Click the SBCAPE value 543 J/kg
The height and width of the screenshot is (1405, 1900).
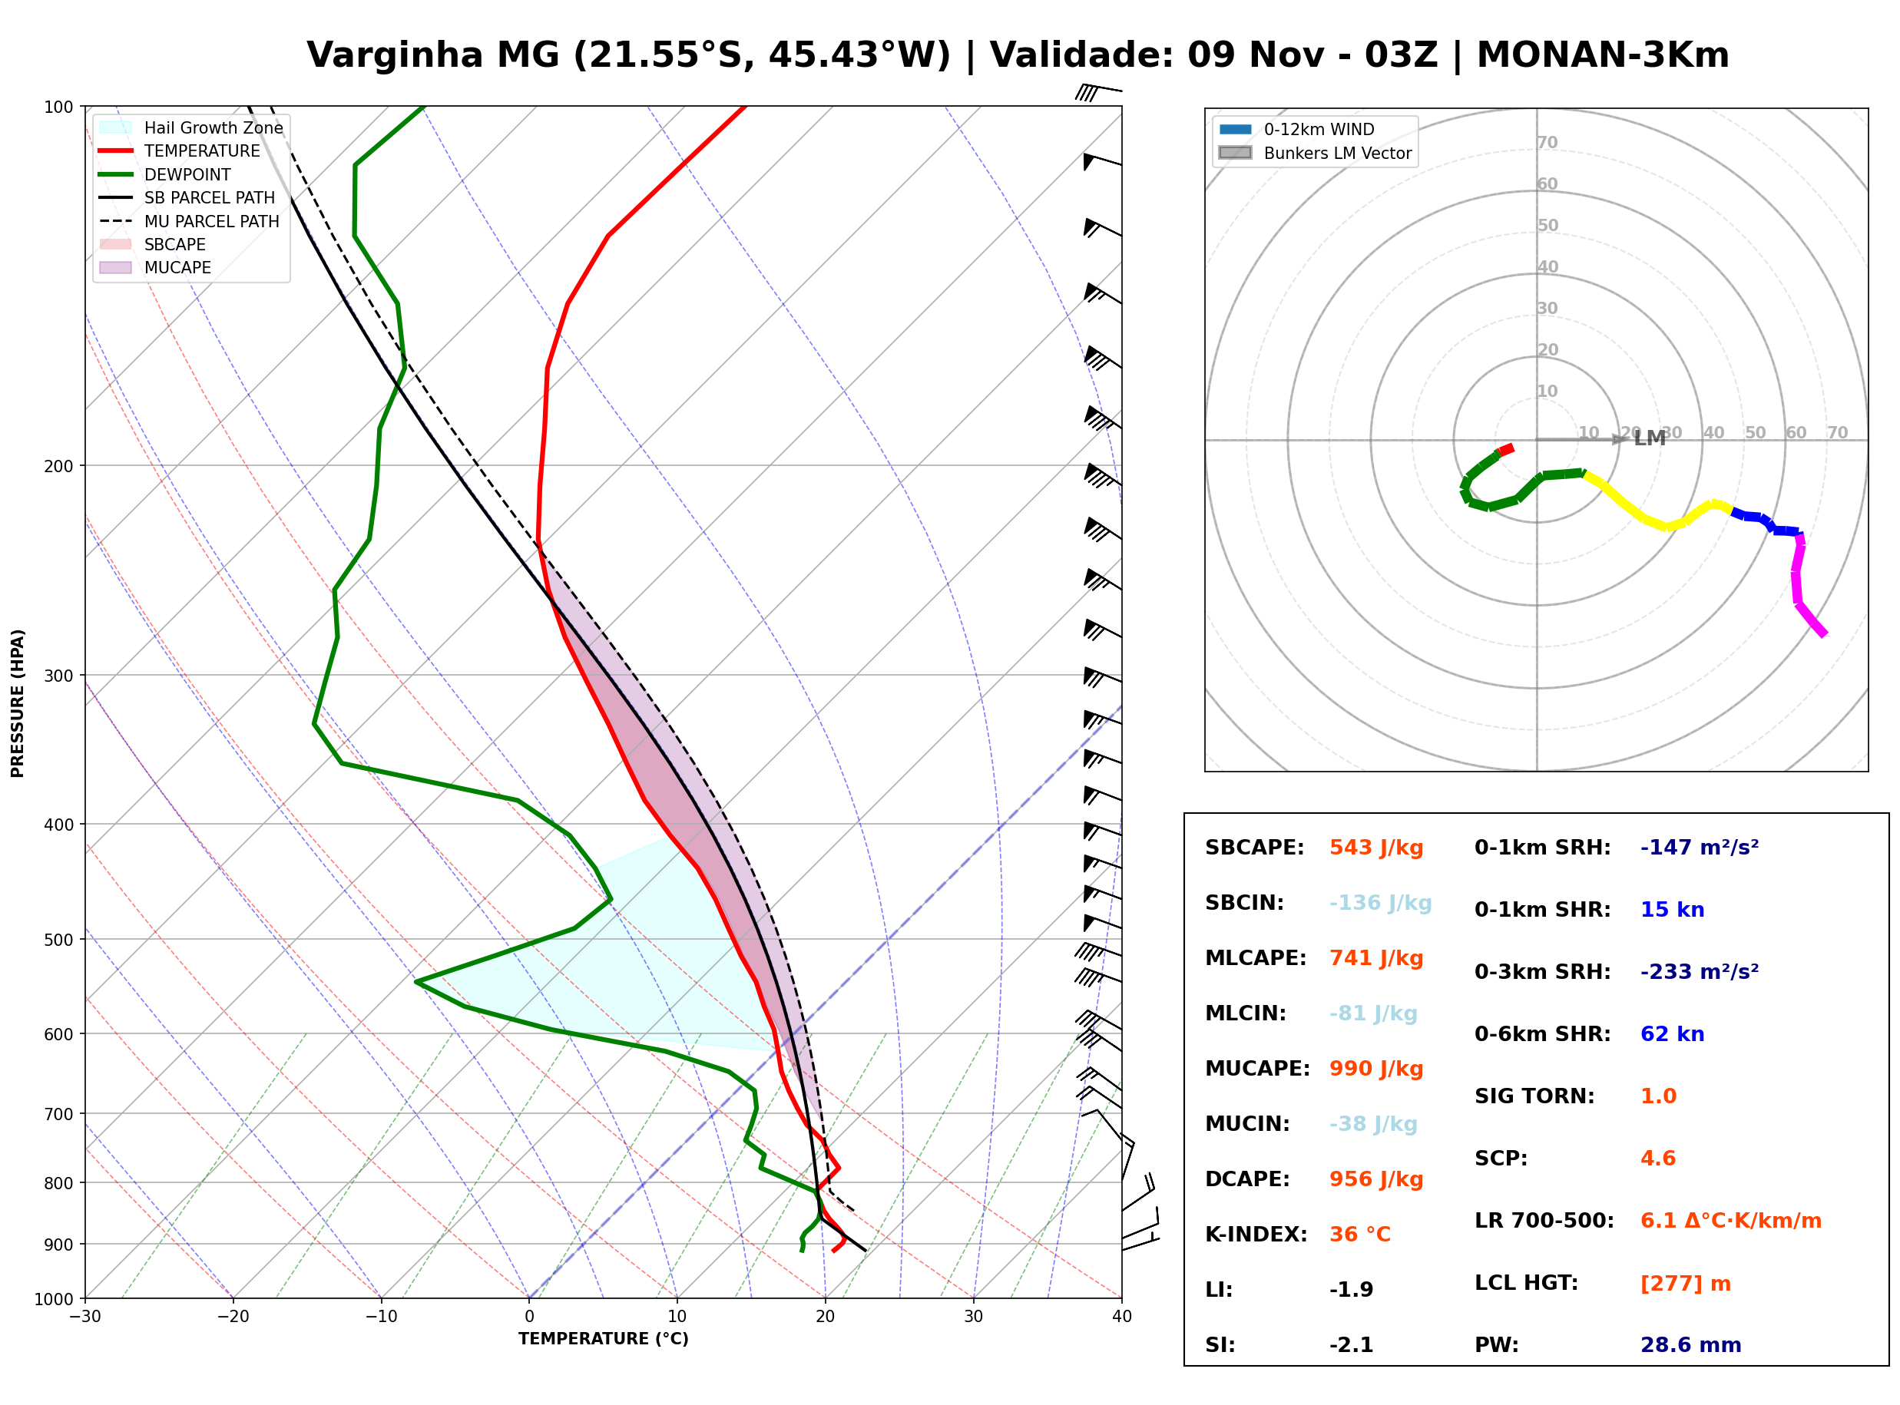click(1376, 848)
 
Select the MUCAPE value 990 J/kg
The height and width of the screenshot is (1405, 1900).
click(1376, 1069)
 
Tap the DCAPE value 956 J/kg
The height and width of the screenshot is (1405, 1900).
click(1376, 1179)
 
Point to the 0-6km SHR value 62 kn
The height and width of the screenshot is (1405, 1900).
click(1672, 1034)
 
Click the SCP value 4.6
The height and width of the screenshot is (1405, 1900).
click(1657, 1159)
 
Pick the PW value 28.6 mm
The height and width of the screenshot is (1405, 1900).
click(1691, 1345)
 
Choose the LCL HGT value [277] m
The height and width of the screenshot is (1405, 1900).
click(1686, 1284)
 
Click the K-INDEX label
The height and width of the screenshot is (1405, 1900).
click(1256, 1235)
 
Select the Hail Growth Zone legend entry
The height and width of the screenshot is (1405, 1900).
click(191, 127)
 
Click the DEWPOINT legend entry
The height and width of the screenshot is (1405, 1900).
click(165, 174)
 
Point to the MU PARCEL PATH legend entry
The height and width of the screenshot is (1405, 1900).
click(190, 221)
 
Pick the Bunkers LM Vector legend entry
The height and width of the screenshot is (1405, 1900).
click(1315, 153)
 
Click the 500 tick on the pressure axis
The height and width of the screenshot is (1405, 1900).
click(60, 940)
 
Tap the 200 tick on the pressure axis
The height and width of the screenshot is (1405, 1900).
click(60, 466)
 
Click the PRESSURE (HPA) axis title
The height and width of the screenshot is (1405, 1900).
click(18, 702)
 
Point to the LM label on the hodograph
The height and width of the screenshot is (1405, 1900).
click(1649, 439)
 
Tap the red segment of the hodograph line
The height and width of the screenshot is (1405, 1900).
click(1504, 450)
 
